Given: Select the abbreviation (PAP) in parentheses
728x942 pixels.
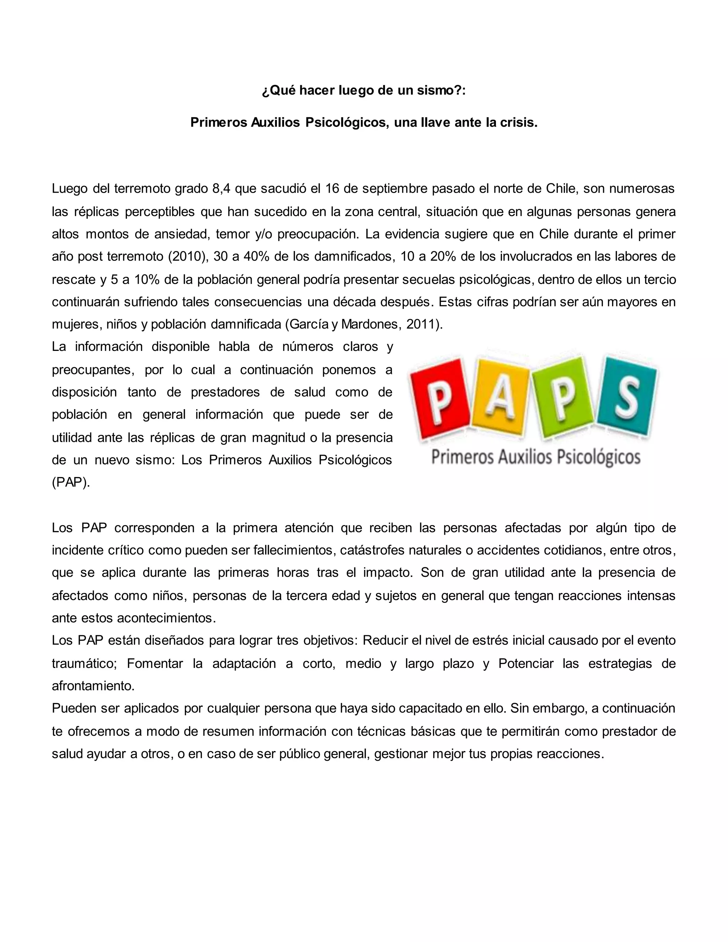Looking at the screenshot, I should coord(71,482).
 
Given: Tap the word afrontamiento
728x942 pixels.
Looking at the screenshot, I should coord(93,686).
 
